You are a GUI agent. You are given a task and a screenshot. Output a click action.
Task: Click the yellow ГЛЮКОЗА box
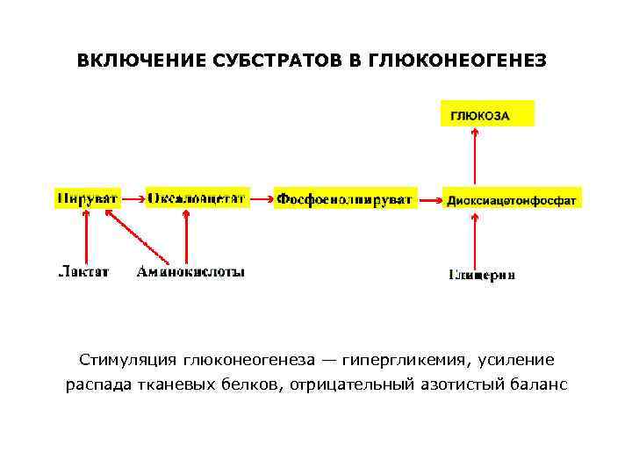pos(485,115)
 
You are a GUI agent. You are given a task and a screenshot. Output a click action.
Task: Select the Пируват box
pos(86,197)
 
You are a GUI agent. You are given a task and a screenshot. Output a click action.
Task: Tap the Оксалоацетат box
pos(197,197)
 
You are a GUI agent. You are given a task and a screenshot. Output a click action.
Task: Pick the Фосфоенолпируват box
pos(343,199)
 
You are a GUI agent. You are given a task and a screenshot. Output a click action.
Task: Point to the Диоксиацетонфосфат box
pos(511,200)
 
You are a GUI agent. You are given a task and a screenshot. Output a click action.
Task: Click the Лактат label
pos(83,272)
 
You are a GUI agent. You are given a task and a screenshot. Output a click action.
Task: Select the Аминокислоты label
pos(190,272)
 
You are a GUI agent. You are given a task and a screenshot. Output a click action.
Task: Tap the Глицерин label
pos(482,275)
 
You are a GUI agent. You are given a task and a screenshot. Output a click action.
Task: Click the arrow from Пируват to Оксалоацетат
pos(132,199)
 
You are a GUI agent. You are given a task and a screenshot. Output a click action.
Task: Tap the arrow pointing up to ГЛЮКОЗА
pos(475,158)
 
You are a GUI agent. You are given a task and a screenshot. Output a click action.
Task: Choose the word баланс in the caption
pos(537,384)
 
